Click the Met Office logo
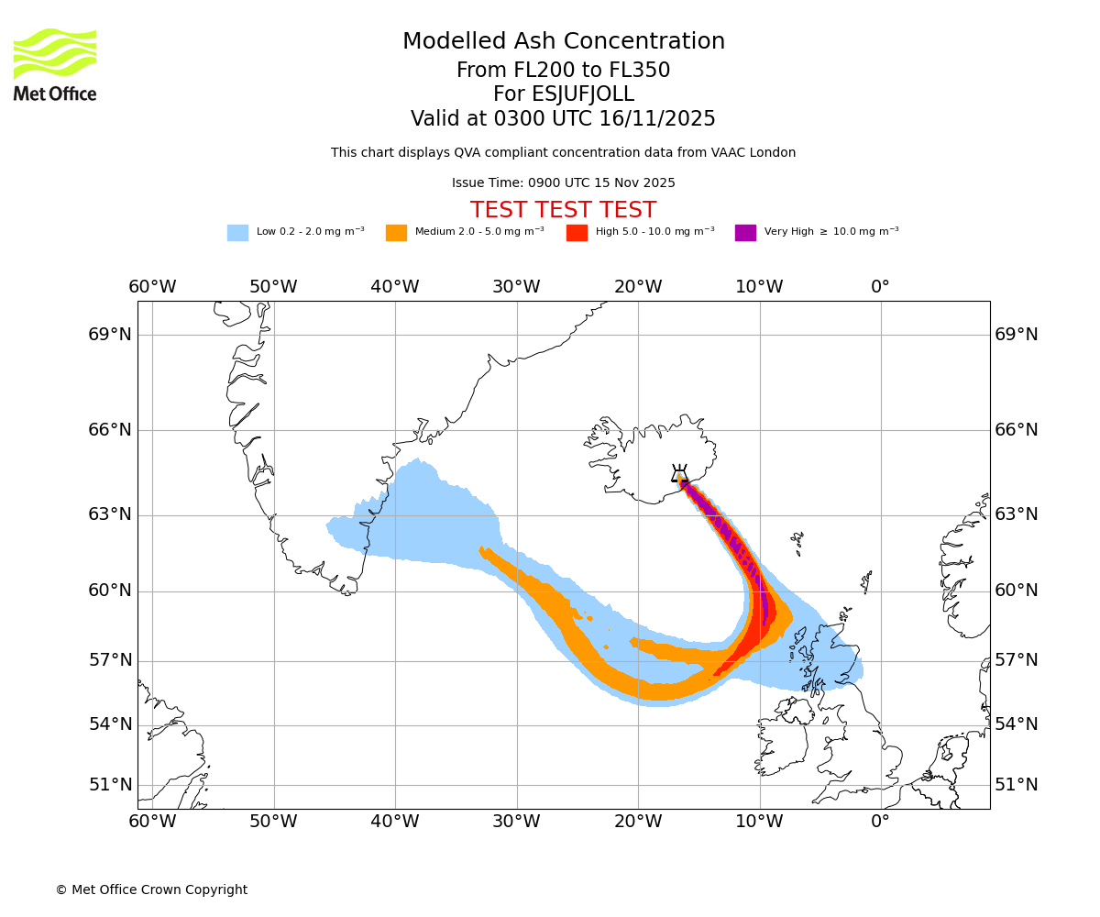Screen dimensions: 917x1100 pos(55,64)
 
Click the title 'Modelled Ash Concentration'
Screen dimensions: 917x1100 pos(563,42)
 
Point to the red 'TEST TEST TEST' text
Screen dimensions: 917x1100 pos(563,210)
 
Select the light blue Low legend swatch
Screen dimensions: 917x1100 pos(237,233)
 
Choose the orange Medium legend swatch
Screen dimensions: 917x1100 pos(396,233)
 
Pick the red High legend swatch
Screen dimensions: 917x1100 pos(577,233)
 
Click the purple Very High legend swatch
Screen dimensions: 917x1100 pos(745,233)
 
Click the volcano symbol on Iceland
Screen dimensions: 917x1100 pos(679,474)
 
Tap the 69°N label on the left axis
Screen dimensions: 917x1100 pos(110,335)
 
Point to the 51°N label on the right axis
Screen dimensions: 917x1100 pos(1017,785)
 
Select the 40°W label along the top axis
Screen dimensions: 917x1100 pos(395,287)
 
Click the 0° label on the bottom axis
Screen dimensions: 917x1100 pos(880,822)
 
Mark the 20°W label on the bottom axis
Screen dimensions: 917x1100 pos(638,822)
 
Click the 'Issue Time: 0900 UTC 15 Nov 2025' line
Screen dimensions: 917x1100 pos(563,183)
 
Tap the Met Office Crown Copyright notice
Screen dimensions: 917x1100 pos(151,890)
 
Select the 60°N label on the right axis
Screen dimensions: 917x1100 pos(1017,591)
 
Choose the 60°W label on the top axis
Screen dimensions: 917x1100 pos(152,287)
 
